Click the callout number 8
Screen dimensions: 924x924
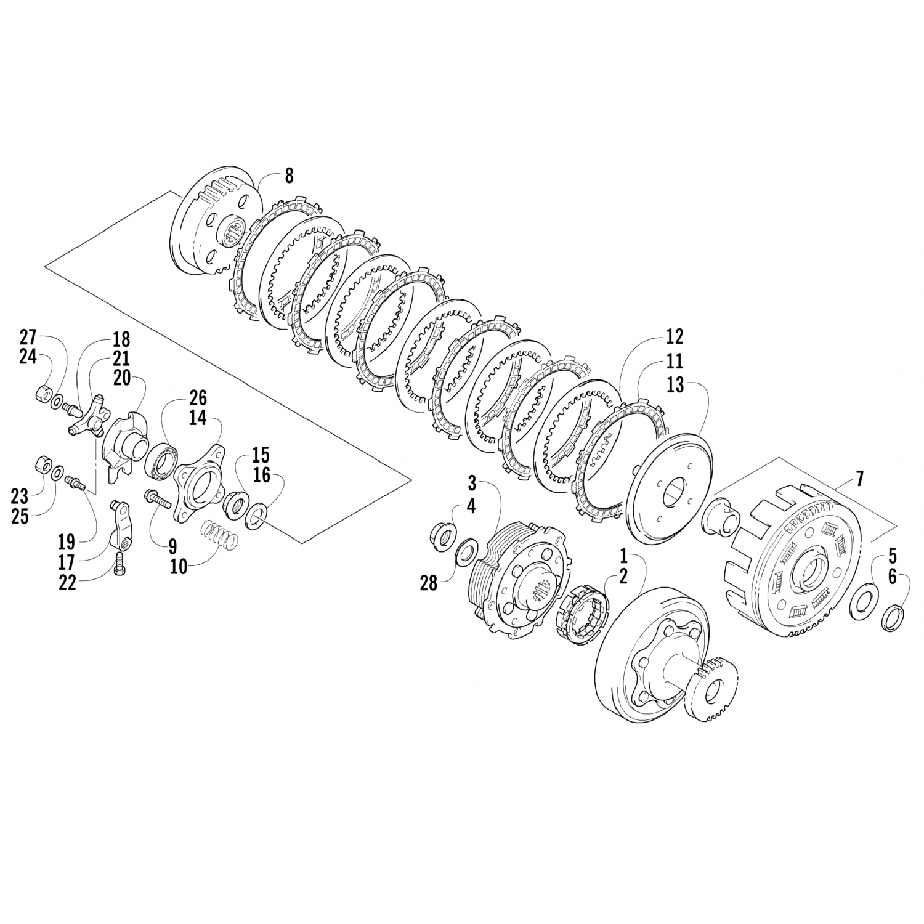[288, 177]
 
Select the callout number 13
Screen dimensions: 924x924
[675, 386]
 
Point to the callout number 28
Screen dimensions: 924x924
[428, 583]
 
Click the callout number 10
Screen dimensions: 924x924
[179, 566]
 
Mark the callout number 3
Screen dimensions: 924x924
[488, 482]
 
